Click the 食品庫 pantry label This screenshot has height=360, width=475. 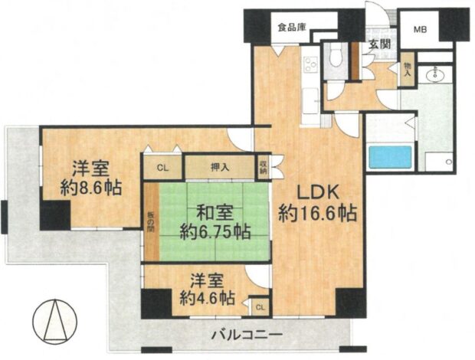(x=292, y=28)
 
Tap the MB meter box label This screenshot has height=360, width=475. (x=421, y=29)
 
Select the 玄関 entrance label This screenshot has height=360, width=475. (x=379, y=44)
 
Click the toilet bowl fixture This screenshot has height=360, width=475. (x=336, y=57)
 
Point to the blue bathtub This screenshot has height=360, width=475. (x=390, y=157)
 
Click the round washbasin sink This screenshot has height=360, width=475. (x=435, y=74)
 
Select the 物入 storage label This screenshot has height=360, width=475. (x=407, y=69)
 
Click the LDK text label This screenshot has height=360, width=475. (x=316, y=192)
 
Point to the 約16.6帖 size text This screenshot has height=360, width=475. (x=316, y=214)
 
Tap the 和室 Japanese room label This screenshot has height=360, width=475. (x=215, y=212)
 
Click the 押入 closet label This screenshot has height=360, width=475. (x=220, y=168)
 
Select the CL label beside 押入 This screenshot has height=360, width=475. (x=162, y=169)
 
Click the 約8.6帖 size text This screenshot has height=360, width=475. (x=91, y=188)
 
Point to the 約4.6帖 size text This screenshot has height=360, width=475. (x=207, y=299)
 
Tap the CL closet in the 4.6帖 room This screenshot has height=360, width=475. (x=260, y=308)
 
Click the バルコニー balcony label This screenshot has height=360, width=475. (x=247, y=335)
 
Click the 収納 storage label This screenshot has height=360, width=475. (x=263, y=167)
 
